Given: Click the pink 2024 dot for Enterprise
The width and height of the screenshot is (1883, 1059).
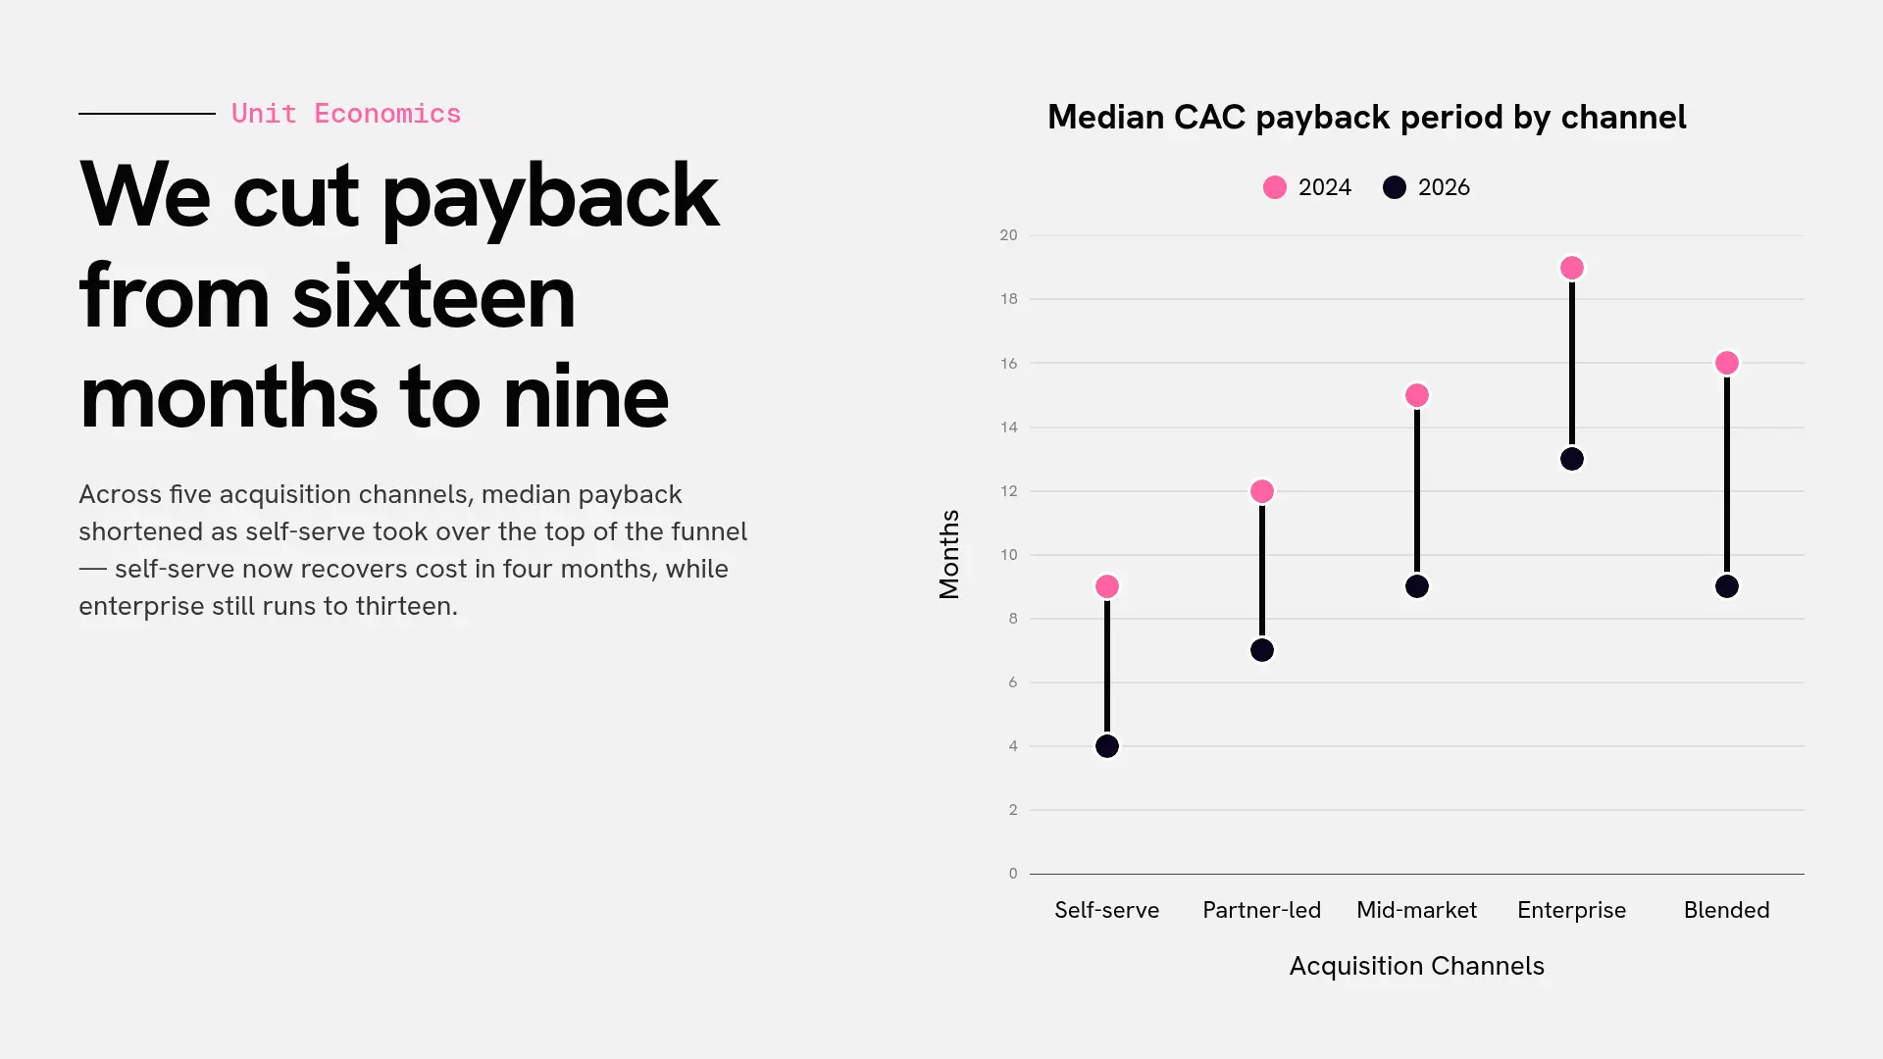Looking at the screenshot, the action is coord(1572,268).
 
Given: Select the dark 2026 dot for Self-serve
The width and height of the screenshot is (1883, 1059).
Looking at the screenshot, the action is coord(1107,746).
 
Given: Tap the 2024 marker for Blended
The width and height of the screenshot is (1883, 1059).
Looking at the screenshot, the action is coord(1727,363).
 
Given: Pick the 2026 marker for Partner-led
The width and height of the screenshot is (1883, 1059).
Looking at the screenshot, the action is coord(1262,650).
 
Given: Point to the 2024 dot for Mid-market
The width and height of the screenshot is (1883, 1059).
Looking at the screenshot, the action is coord(1417,395).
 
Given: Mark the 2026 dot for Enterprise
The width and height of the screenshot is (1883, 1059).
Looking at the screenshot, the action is coord(1572,459).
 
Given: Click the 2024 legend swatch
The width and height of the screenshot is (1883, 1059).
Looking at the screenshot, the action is coord(1275,187).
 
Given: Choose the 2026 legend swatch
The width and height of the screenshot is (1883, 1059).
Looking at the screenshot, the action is coord(1395,187).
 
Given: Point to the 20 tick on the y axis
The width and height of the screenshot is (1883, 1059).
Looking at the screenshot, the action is coord(1008,235).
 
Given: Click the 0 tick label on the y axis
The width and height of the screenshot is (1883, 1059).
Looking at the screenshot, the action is coord(1013,874).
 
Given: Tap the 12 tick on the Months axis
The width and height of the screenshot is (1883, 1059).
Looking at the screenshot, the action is coord(1008,491).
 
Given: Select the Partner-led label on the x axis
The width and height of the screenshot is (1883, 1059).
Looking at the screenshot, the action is coord(1262,910).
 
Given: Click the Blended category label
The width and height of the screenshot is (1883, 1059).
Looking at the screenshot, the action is coord(1727,910).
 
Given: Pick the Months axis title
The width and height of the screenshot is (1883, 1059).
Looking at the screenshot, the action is coord(949,554).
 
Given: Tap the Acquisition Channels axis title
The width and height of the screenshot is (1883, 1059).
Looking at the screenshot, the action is coord(1417,966).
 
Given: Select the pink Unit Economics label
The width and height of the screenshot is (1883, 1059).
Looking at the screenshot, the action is coord(346,114).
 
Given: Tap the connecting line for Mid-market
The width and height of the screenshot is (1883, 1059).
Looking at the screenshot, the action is coord(1417,491).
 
